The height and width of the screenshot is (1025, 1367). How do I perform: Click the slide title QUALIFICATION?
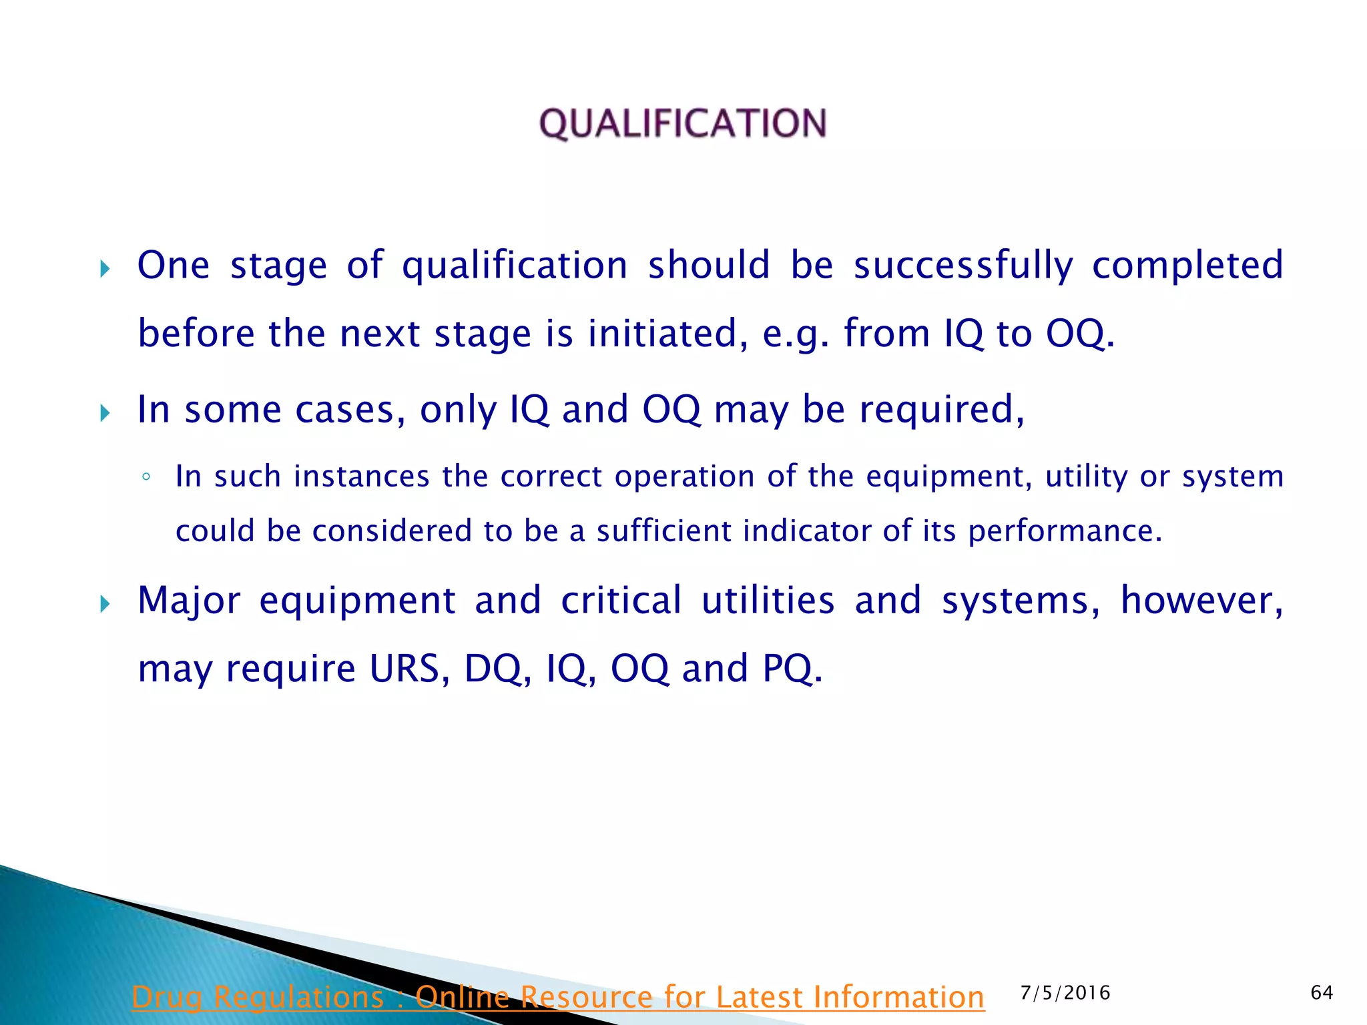[683, 123]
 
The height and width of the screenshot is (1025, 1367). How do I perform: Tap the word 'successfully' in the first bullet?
[963, 266]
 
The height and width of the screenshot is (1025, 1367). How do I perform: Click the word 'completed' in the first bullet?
[1187, 266]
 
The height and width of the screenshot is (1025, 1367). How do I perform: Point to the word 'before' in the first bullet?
[196, 333]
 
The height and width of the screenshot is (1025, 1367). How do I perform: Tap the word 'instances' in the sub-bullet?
[362, 477]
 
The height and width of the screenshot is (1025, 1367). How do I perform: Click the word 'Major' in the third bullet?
[189, 601]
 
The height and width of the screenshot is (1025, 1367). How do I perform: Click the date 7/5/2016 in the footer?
[1065, 993]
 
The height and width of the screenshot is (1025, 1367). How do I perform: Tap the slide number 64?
[1322, 993]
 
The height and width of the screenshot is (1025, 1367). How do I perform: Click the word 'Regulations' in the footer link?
[298, 998]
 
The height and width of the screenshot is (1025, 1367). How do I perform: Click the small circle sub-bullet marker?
[146, 477]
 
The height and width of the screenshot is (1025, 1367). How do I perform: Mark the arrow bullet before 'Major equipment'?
[105, 604]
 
